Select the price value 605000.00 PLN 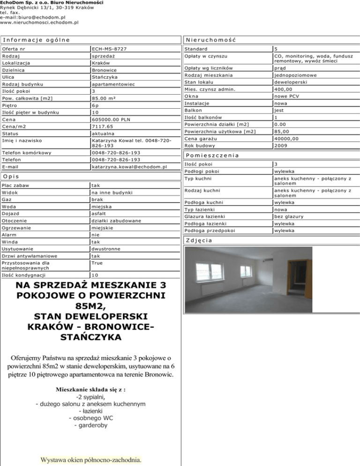(111, 120)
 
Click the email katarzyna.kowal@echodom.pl (130, 167)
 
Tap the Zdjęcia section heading (199, 241)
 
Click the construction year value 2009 (282, 146)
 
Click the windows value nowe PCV (288, 96)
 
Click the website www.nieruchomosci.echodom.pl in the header (39, 22)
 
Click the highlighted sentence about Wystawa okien (91, 459)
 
